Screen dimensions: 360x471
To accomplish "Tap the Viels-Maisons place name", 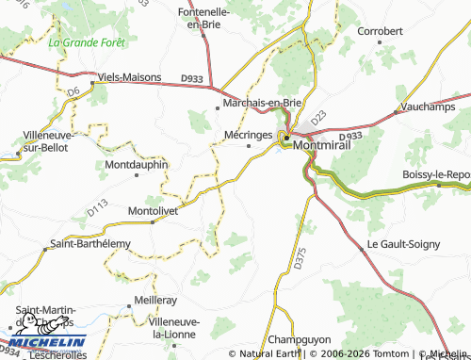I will click(x=126, y=79).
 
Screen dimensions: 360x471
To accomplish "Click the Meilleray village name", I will click(x=155, y=299).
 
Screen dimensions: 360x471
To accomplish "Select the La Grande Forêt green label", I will click(x=86, y=42).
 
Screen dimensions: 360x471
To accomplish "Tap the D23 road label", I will click(x=318, y=117).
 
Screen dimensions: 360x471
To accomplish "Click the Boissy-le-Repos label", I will click(x=435, y=175).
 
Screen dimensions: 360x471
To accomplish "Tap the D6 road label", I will click(x=73, y=91).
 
